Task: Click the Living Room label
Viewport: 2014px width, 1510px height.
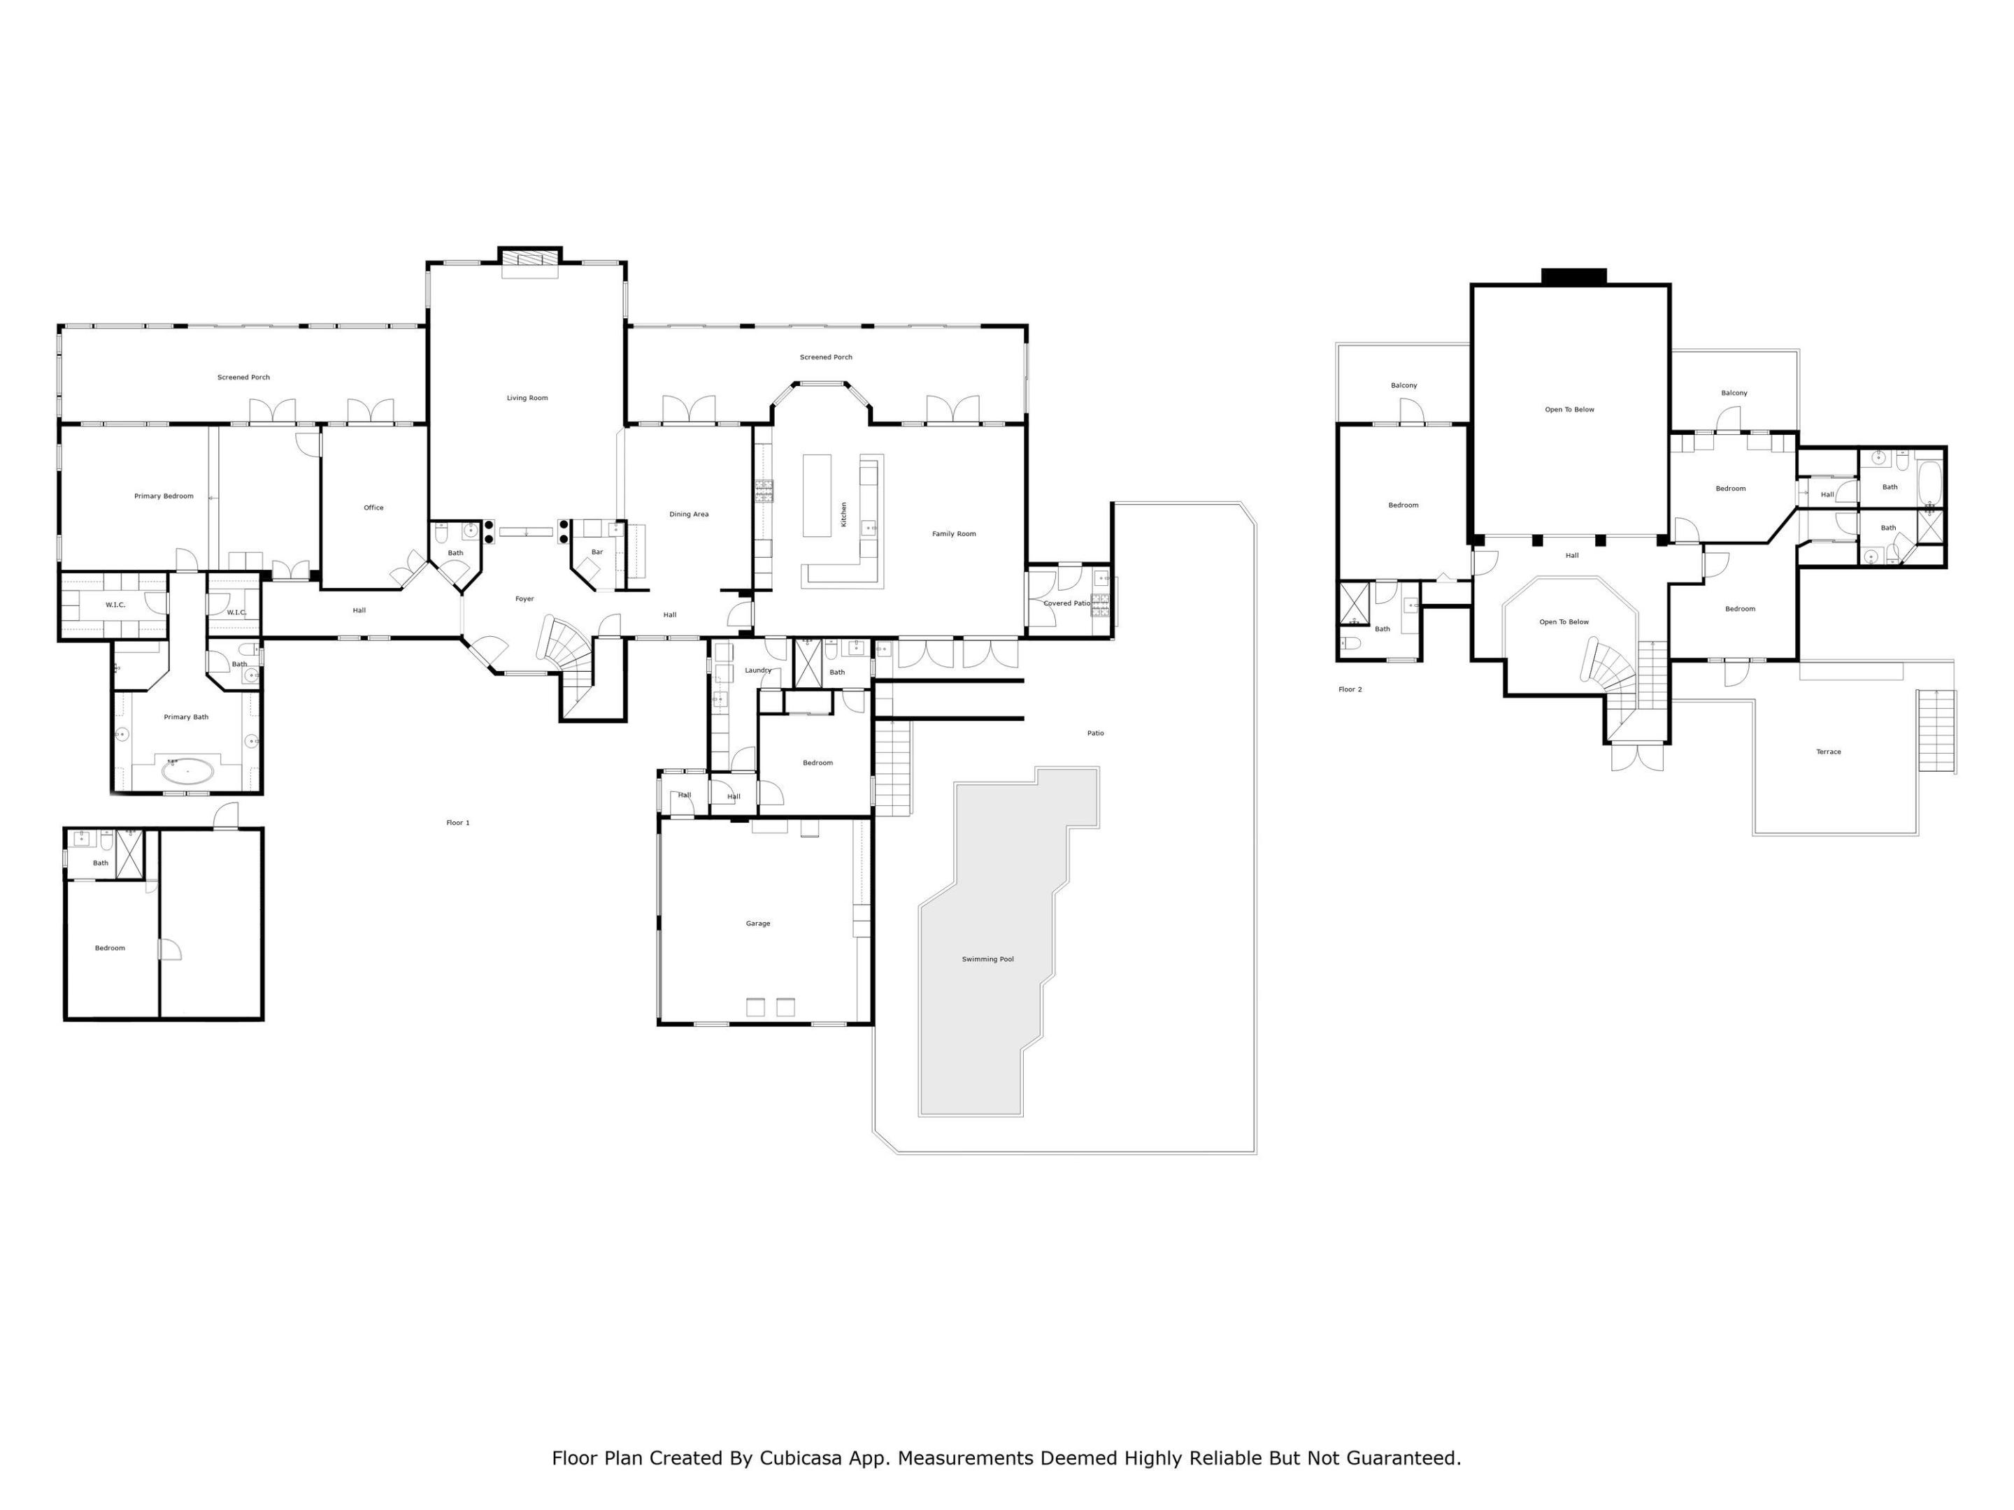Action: point(527,398)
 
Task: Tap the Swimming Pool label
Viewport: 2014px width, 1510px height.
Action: point(988,959)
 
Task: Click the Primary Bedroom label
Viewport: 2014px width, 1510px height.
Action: point(164,496)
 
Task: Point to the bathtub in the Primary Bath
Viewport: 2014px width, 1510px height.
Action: point(189,772)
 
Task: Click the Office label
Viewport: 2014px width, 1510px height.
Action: point(373,508)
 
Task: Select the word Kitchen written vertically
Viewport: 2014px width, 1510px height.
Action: point(844,515)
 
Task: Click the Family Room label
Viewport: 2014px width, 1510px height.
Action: point(953,534)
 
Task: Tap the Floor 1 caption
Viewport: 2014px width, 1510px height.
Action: point(458,823)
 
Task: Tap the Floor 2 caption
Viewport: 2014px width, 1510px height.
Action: point(1350,690)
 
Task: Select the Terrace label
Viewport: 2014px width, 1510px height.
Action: point(1828,752)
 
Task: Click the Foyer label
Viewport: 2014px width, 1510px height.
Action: point(524,599)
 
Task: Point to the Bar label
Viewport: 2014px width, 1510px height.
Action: point(597,552)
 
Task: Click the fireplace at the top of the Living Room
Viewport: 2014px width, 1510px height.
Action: point(530,259)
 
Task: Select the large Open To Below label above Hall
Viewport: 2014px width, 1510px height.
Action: point(1570,410)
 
